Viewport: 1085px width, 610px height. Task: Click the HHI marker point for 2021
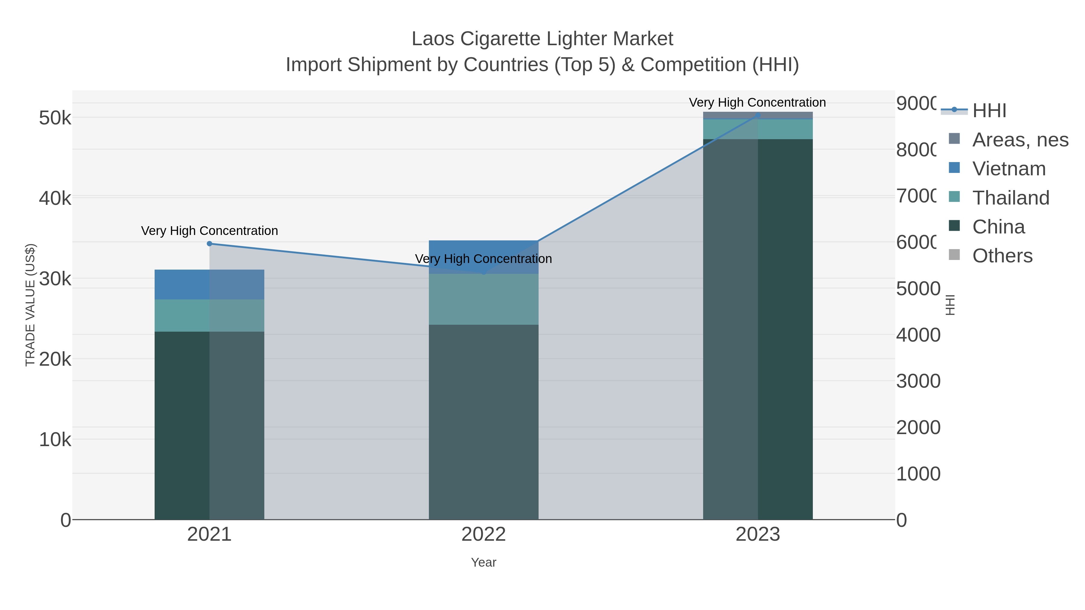pyautogui.click(x=209, y=244)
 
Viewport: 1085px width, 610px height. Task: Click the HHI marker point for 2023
pyautogui.click(x=758, y=115)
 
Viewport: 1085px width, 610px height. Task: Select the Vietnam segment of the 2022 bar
pyautogui.click(x=483, y=249)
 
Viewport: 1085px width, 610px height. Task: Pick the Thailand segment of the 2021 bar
pyautogui.click(x=209, y=315)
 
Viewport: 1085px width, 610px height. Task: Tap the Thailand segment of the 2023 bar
pyautogui.click(x=758, y=129)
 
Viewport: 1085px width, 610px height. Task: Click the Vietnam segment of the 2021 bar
pyautogui.click(x=209, y=285)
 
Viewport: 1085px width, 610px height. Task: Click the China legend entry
pyautogui.click(x=998, y=227)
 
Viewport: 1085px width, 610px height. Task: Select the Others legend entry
pyautogui.click(x=1002, y=256)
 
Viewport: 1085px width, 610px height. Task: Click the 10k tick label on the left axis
pyautogui.click(x=55, y=440)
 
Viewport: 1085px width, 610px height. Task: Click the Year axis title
pyautogui.click(x=483, y=562)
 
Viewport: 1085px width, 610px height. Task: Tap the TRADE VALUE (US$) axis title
pyautogui.click(x=30, y=305)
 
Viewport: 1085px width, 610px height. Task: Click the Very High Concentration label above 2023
pyautogui.click(x=757, y=102)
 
